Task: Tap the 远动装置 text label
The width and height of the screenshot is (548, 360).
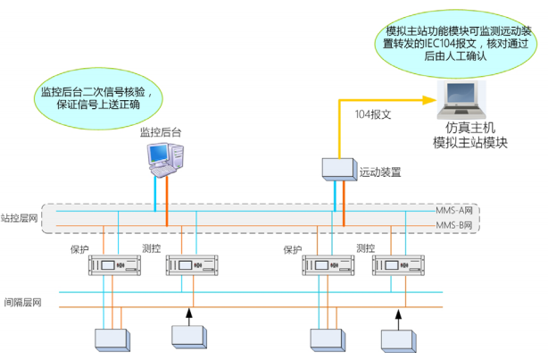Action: tap(378, 170)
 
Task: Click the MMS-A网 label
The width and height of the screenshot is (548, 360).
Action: tap(453, 210)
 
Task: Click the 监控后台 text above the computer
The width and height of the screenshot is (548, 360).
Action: tap(161, 132)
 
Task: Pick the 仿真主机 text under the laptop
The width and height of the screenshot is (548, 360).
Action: tap(470, 128)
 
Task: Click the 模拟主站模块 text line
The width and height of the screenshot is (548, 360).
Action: tap(470, 142)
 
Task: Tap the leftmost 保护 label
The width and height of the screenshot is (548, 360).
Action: tap(80, 249)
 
